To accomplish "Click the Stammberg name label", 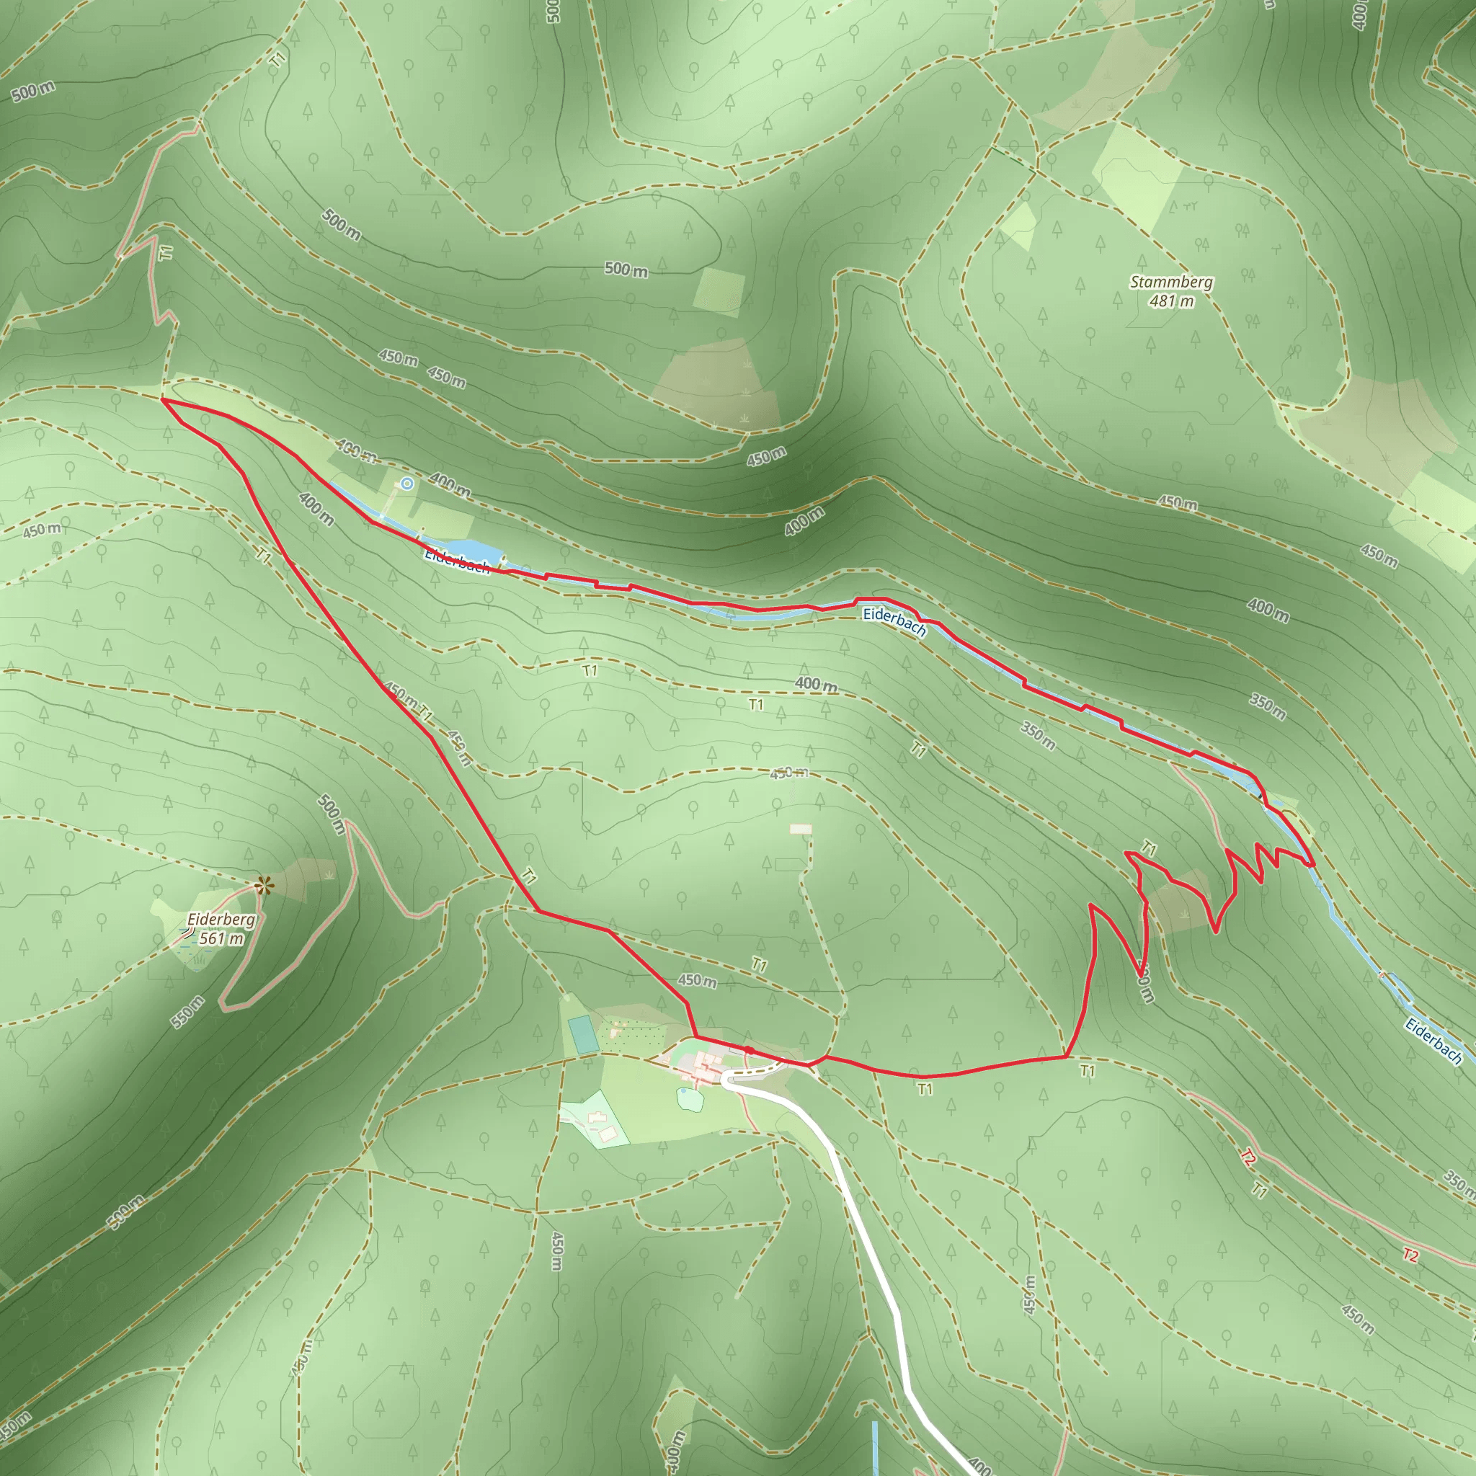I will (1171, 282).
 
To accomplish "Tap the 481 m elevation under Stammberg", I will (1171, 301).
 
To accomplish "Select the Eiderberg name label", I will (221, 919).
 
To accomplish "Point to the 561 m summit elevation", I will (221, 938).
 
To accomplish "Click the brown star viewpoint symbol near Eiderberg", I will (264, 886).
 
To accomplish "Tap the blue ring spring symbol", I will (407, 484).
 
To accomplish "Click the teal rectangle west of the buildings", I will (583, 1034).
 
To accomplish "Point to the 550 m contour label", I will (187, 1013).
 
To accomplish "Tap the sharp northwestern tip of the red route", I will (164, 399).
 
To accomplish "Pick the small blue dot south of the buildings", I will (683, 1092).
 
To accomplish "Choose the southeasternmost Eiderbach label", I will (1433, 1041).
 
